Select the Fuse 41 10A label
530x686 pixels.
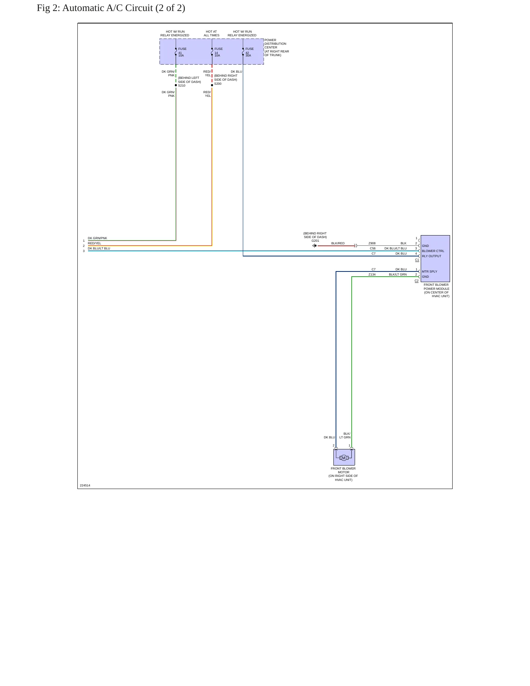[182, 52]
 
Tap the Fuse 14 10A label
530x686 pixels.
[219, 52]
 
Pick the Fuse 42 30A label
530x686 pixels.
[249, 52]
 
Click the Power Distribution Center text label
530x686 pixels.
[277, 48]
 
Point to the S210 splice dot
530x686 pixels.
[176, 85]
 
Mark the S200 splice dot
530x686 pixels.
[212, 85]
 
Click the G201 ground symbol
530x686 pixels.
[314, 246]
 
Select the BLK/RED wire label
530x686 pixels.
[338, 243]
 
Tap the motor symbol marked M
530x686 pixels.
[344, 458]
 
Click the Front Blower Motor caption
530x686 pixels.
[343, 474]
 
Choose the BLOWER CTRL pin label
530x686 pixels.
[433, 251]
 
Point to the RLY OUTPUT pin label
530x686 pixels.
[431, 256]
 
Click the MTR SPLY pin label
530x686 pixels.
[429, 271]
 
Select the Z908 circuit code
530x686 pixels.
[372, 243]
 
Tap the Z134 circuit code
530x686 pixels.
[372, 274]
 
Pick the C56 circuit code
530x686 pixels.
[373, 248]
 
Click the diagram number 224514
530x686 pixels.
[85, 485]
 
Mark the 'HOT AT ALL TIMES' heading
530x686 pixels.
[212, 33]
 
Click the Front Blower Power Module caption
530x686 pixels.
[436, 290]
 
